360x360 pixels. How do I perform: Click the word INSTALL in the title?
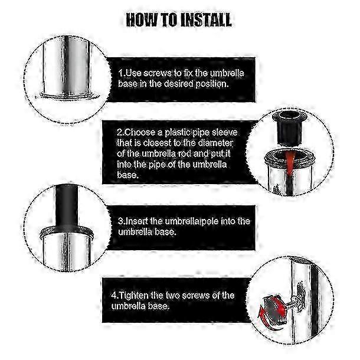pyautogui.click(x=206, y=19)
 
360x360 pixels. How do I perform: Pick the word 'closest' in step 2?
pyautogui.click(x=157, y=143)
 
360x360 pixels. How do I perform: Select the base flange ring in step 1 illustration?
pyautogui.click(x=67, y=96)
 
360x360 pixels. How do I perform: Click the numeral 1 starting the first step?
pyautogui.click(x=121, y=73)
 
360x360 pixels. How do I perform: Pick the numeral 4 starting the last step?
pyautogui.click(x=114, y=296)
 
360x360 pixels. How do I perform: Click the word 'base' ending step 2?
pyautogui.click(x=127, y=175)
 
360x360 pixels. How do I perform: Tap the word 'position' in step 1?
pyautogui.click(x=212, y=84)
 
